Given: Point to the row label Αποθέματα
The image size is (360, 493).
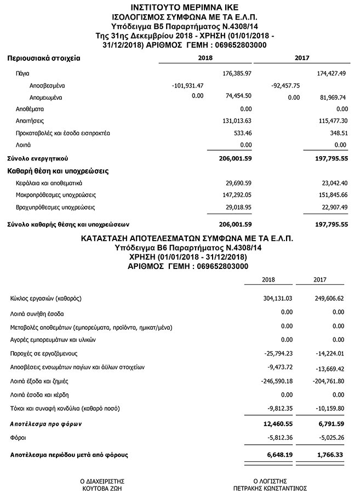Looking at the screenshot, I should (x=31, y=109).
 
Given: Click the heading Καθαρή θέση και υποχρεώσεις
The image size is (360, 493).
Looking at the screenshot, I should (x=58, y=171).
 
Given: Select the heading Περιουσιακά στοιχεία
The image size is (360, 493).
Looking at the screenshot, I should (x=44, y=58).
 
